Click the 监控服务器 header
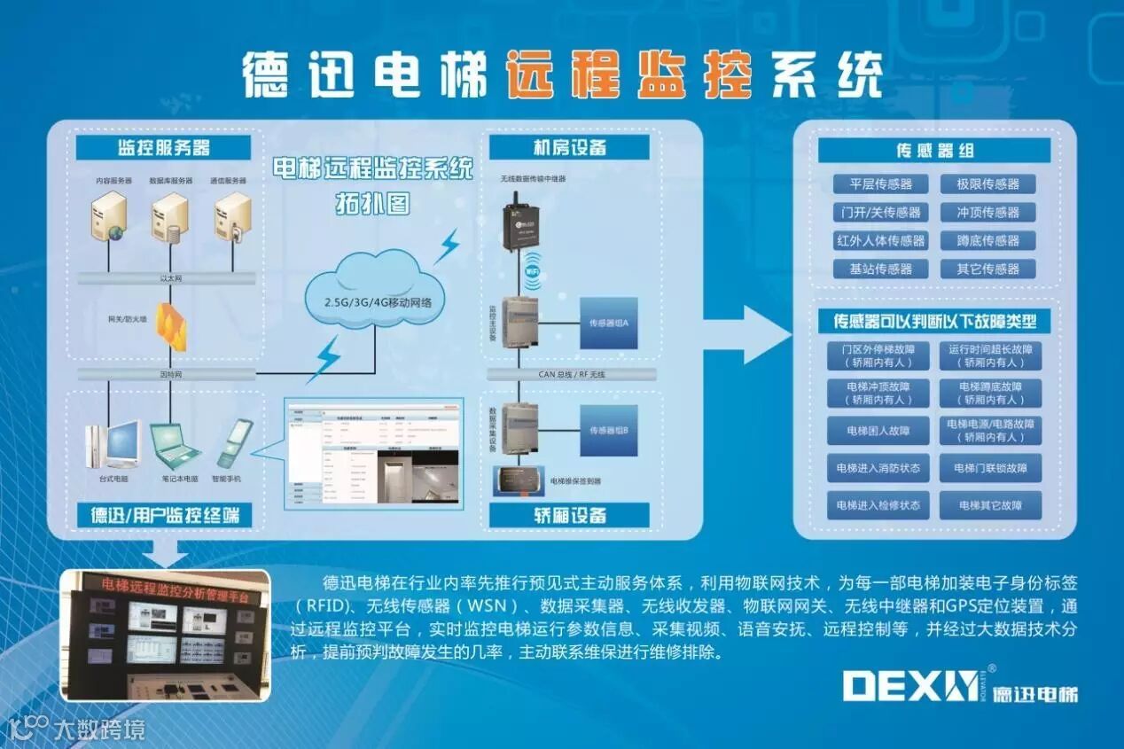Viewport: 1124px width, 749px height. tap(164, 147)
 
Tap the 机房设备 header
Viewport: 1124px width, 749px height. tap(569, 147)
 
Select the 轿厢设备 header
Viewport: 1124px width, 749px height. tap(569, 515)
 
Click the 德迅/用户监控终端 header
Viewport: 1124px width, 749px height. tap(164, 515)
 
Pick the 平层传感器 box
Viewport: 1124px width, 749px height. tap(880, 184)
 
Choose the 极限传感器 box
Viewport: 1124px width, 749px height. tap(987, 184)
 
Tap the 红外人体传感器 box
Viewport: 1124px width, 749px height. tap(880, 240)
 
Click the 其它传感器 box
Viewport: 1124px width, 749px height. tap(987, 269)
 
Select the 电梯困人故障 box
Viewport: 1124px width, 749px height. tap(878, 431)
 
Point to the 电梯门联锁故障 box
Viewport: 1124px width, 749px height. tap(990, 468)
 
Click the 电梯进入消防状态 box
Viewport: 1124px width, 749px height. tap(878, 468)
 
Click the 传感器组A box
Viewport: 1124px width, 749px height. tap(609, 323)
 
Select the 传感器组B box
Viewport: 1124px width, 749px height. tap(609, 430)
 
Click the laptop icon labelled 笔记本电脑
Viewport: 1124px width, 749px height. tap(174, 444)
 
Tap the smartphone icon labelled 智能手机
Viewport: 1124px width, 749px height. tap(234, 443)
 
